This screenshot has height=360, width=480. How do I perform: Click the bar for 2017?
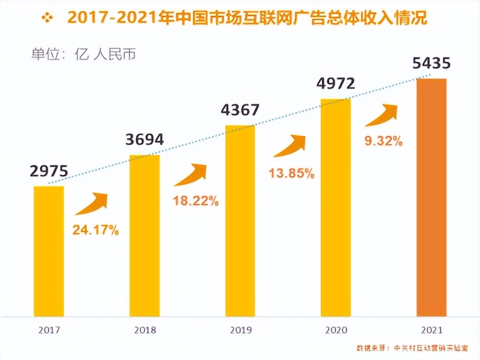point(49,251)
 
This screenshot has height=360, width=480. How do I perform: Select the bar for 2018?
point(145,235)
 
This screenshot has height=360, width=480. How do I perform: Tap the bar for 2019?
point(240,221)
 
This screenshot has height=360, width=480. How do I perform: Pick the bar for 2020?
point(335,208)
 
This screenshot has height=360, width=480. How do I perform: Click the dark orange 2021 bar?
point(431,197)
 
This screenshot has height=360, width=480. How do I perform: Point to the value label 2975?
point(49,172)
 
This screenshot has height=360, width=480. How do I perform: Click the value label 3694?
point(144,140)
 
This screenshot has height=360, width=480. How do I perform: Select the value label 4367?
point(240,111)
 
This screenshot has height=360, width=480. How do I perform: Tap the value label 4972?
point(336,84)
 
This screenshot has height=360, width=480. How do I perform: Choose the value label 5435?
point(431,63)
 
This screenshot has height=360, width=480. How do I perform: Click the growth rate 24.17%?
point(96,230)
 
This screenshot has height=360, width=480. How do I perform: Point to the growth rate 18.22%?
point(196,201)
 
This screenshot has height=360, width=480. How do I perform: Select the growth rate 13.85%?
point(291,173)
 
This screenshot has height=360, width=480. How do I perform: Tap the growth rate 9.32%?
point(384,142)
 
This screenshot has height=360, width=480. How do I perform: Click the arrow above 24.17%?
point(92,203)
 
